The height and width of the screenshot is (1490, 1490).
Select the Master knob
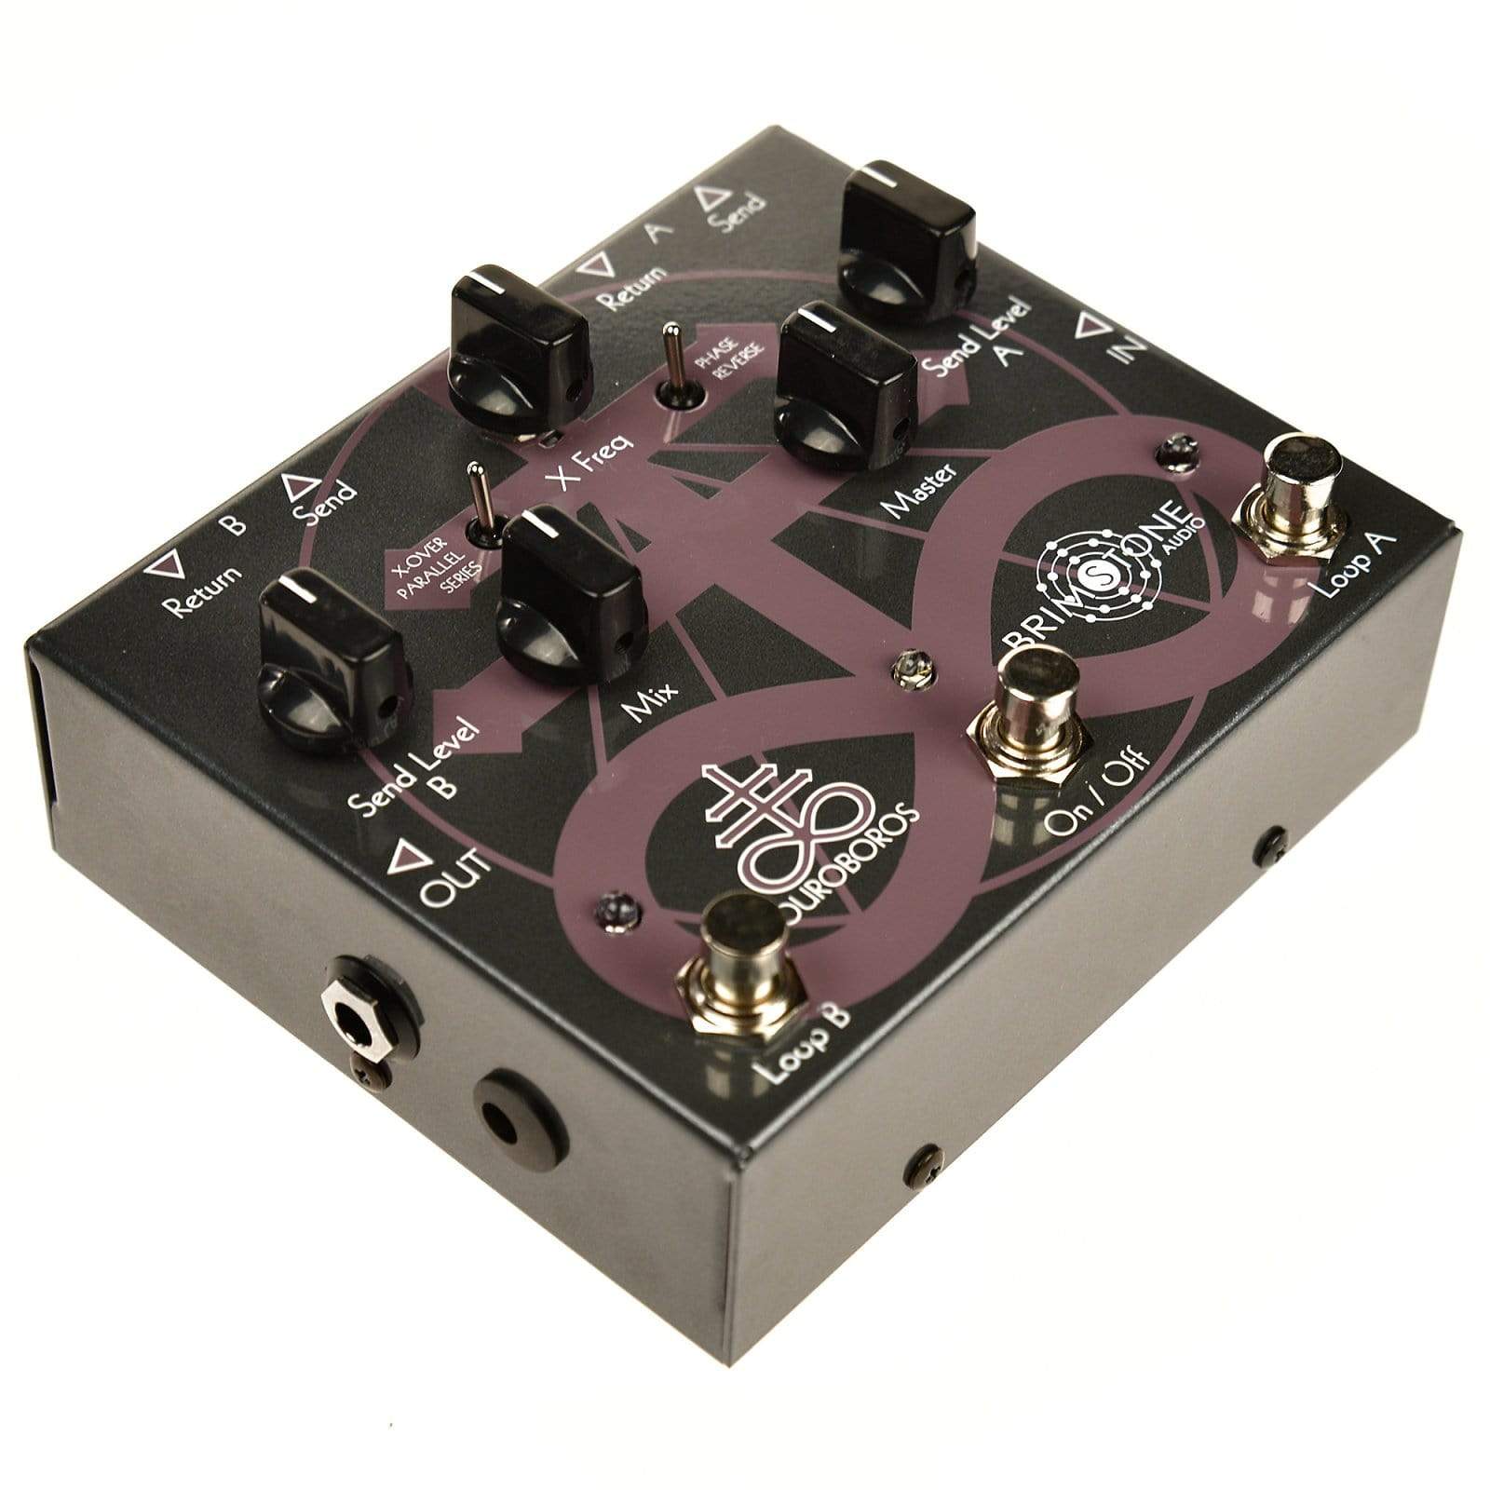point(844,382)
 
